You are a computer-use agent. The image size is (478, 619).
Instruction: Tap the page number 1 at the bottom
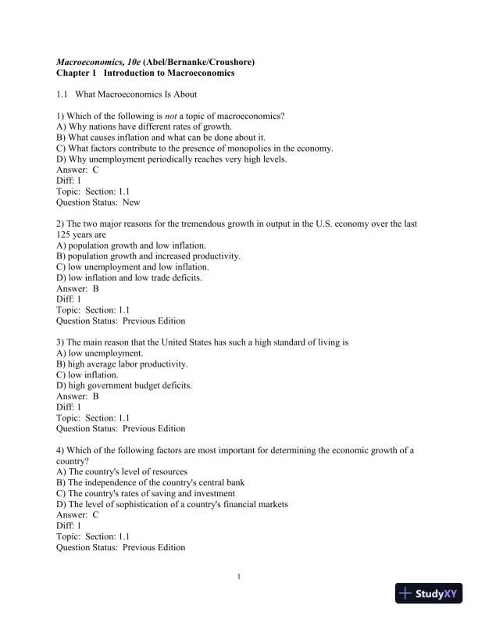[x=239, y=577]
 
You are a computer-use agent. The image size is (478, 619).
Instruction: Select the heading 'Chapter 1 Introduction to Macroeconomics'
[x=145, y=73]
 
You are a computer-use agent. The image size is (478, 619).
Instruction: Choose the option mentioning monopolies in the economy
[x=195, y=148]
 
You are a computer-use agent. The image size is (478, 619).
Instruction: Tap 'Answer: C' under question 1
[x=78, y=169]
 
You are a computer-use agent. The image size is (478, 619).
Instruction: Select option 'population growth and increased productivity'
[x=148, y=256]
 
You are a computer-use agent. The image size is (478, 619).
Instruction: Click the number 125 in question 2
[x=65, y=234]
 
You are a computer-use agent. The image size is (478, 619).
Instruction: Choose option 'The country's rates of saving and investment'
[x=146, y=493]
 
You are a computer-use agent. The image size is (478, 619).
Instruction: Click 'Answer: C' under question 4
[x=78, y=515]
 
